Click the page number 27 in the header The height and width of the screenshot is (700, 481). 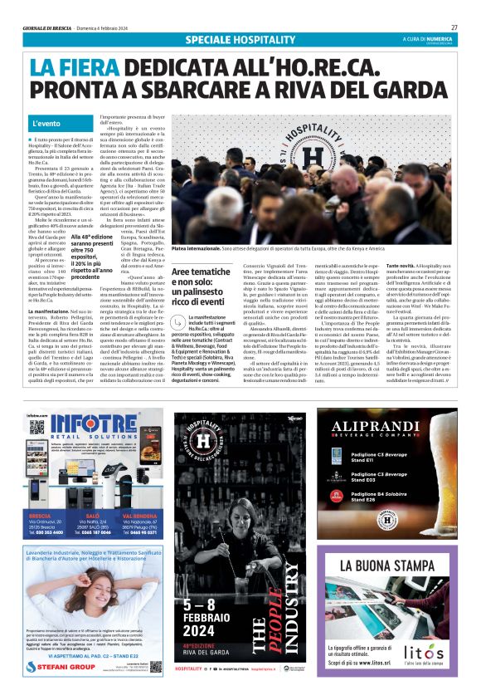tap(454, 27)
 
